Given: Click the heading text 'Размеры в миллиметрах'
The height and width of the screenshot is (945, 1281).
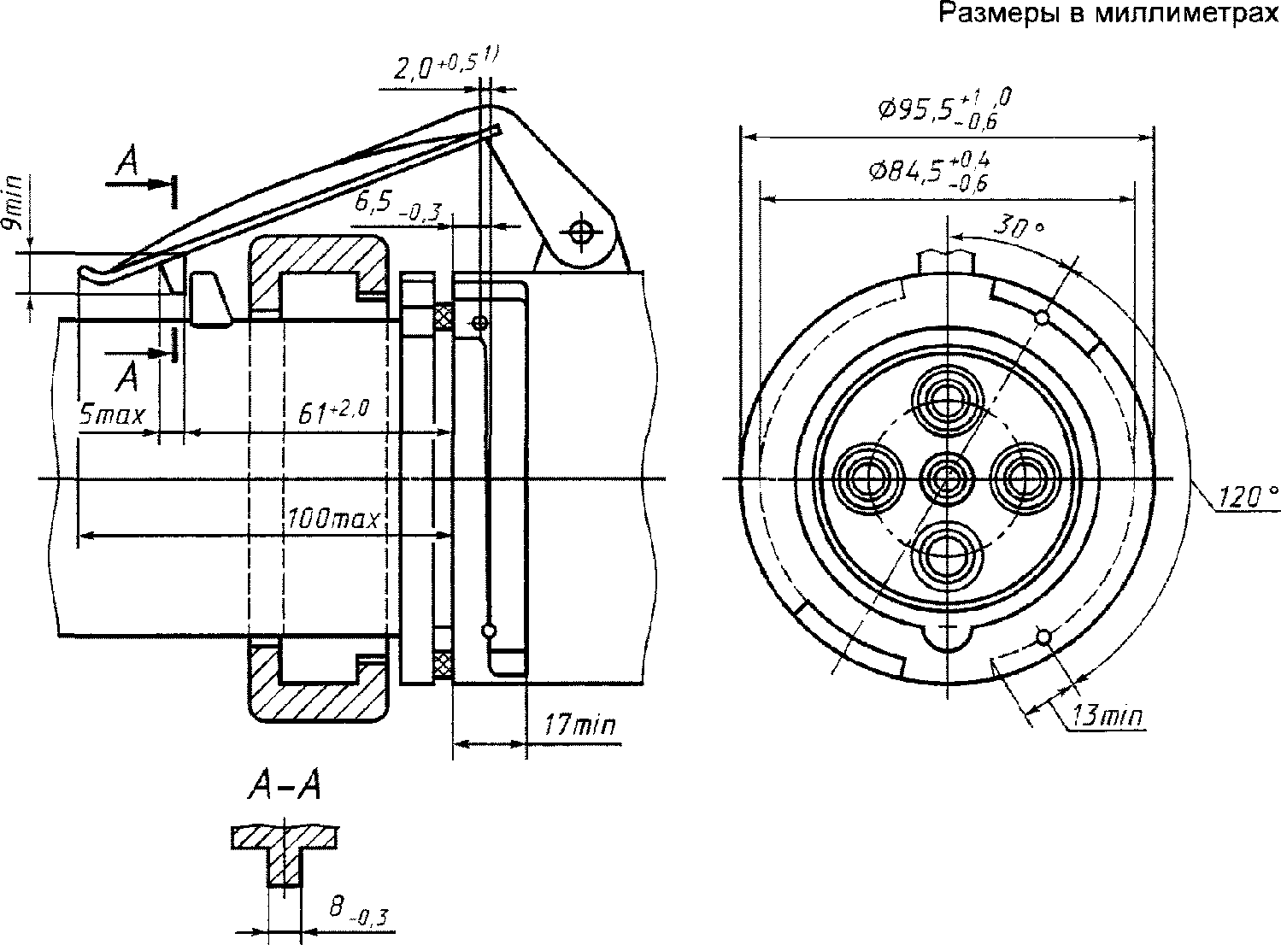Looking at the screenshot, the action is (x=1109, y=13).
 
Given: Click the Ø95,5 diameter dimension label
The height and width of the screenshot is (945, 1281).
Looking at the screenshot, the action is (x=945, y=109).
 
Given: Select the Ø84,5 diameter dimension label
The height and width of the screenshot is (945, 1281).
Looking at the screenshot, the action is (x=929, y=171).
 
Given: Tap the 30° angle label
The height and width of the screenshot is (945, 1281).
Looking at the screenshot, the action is (x=1020, y=226).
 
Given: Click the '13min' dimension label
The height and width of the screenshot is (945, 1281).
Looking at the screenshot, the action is (x=1108, y=716).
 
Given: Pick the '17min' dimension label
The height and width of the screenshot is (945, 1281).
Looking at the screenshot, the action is (x=580, y=724).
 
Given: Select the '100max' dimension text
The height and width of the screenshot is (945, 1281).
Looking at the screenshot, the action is (x=334, y=519).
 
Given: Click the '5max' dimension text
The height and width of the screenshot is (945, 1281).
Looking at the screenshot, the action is (x=112, y=414).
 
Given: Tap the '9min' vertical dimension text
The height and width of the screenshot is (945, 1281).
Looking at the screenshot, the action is (x=13, y=202).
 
